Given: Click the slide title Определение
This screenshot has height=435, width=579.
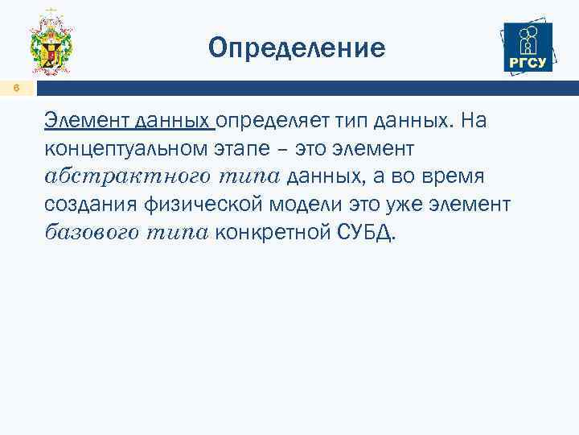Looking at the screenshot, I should coord(297,48).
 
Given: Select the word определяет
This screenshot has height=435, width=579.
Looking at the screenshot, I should coord(265,121).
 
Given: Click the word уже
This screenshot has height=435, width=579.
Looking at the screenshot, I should coord(397,205).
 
